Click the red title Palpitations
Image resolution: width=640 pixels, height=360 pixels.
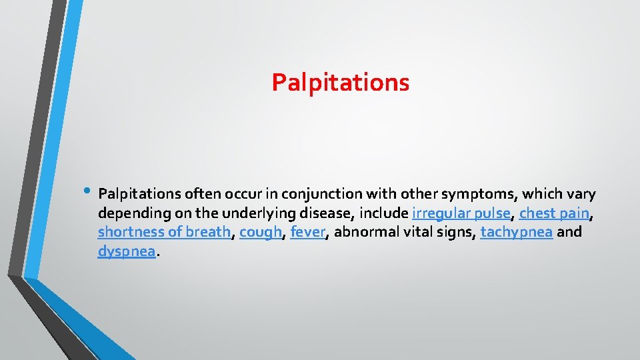click(x=340, y=83)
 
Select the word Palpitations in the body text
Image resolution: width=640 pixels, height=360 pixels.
click(x=139, y=194)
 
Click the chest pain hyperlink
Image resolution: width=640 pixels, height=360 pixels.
click(x=554, y=213)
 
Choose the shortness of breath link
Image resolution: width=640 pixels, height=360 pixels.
click(x=164, y=233)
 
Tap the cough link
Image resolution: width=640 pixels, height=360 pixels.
click(x=261, y=233)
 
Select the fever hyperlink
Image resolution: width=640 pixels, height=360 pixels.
click(x=308, y=233)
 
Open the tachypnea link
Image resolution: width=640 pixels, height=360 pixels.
click(x=516, y=233)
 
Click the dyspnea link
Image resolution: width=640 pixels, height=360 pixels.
click(x=127, y=251)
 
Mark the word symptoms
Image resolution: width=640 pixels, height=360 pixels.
click(x=483, y=194)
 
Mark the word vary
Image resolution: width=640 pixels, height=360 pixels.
click(x=581, y=194)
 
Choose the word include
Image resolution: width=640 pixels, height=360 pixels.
click(x=383, y=213)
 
